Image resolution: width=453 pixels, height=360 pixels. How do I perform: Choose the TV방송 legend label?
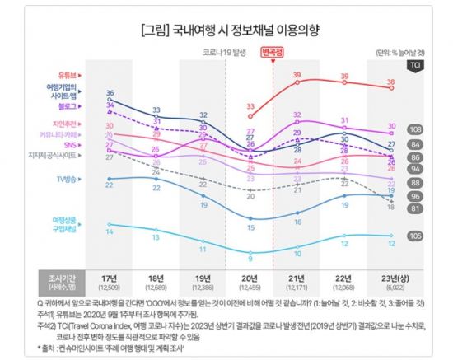coord(67,178)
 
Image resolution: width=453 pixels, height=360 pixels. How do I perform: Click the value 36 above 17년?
coord(110,92)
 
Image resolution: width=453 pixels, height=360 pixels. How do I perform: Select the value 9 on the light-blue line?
coord(250,258)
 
